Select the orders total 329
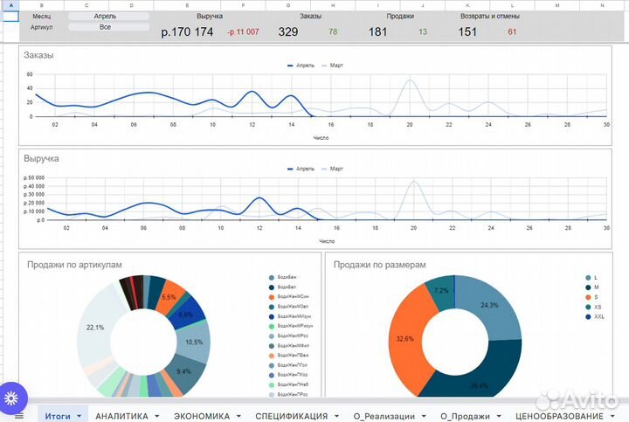point(288,32)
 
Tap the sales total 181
point(377,32)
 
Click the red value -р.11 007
point(243,32)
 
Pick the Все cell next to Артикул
point(105,27)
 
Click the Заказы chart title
point(39,55)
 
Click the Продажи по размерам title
point(379,265)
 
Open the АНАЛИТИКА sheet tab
point(121,416)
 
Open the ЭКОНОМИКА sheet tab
point(202,416)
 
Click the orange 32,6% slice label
point(404,338)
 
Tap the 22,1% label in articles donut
point(95,328)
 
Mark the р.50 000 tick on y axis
point(33,178)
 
